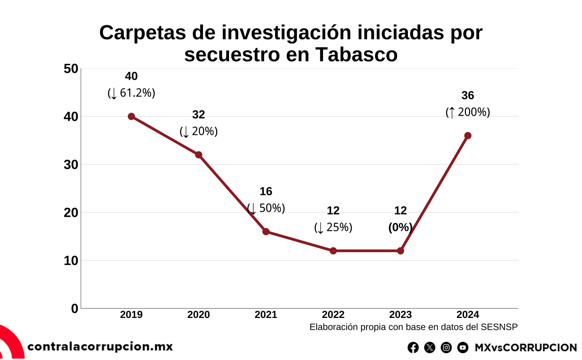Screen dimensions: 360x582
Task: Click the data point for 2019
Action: (131, 117)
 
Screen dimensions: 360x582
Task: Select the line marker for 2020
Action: (199, 155)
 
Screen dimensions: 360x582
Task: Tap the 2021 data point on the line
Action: (266, 232)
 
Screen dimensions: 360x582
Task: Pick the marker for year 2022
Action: (333, 251)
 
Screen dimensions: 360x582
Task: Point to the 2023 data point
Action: (400, 251)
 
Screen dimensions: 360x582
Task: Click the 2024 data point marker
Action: (467, 136)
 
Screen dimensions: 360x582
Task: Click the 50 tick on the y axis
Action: (71, 69)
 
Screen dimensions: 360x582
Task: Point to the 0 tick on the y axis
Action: (74, 308)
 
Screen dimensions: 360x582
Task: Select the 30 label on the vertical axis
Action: (71, 165)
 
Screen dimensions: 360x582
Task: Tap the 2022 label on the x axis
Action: (333, 315)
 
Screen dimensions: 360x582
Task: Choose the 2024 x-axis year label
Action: (467, 315)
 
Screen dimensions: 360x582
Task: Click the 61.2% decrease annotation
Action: (131, 93)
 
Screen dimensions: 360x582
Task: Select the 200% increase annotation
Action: (467, 112)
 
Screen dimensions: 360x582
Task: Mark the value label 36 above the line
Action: (467, 95)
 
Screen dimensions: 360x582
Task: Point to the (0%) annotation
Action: (400, 227)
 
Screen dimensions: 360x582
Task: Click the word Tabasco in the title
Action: (356, 54)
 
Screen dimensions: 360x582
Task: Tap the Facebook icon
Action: (413, 347)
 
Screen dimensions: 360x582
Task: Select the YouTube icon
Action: (462, 347)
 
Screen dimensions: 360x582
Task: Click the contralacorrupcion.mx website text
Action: (100, 347)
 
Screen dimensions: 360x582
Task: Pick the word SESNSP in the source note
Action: (499, 327)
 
